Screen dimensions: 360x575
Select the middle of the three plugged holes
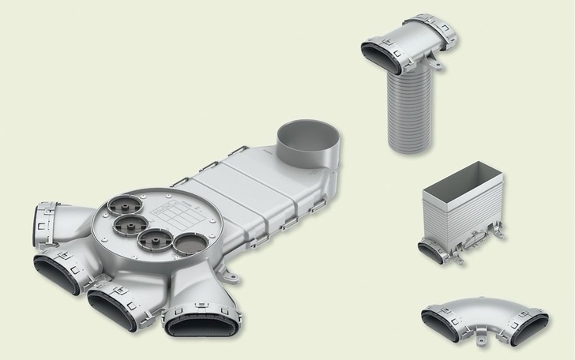[130, 226]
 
